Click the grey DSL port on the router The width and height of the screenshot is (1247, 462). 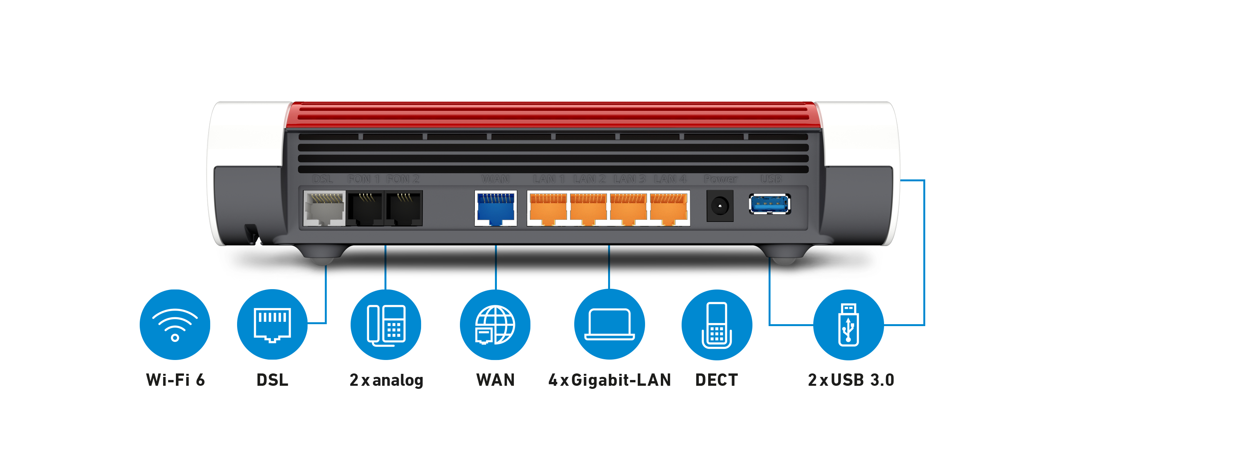click(x=324, y=208)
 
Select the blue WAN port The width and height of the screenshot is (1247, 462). click(x=496, y=208)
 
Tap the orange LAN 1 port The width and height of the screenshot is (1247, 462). click(x=548, y=208)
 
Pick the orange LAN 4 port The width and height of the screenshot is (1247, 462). click(x=669, y=208)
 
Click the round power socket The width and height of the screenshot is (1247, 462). click(x=720, y=206)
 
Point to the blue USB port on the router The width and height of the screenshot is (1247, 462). click(x=770, y=204)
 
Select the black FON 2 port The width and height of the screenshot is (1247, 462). click(x=404, y=208)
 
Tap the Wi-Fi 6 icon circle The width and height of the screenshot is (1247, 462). click(x=175, y=325)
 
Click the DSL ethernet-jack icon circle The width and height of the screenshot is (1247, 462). click(x=272, y=325)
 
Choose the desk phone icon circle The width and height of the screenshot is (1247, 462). click(x=386, y=325)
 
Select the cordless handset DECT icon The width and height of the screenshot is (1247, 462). click(x=716, y=325)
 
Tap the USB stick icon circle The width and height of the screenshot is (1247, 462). click(x=848, y=325)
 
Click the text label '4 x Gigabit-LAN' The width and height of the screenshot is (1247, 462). click(x=610, y=380)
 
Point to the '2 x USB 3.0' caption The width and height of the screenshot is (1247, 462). click(x=851, y=380)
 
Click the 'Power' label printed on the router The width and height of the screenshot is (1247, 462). click(x=720, y=179)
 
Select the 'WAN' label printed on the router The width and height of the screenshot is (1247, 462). click(x=495, y=179)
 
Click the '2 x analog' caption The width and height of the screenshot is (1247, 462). click(x=386, y=380)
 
